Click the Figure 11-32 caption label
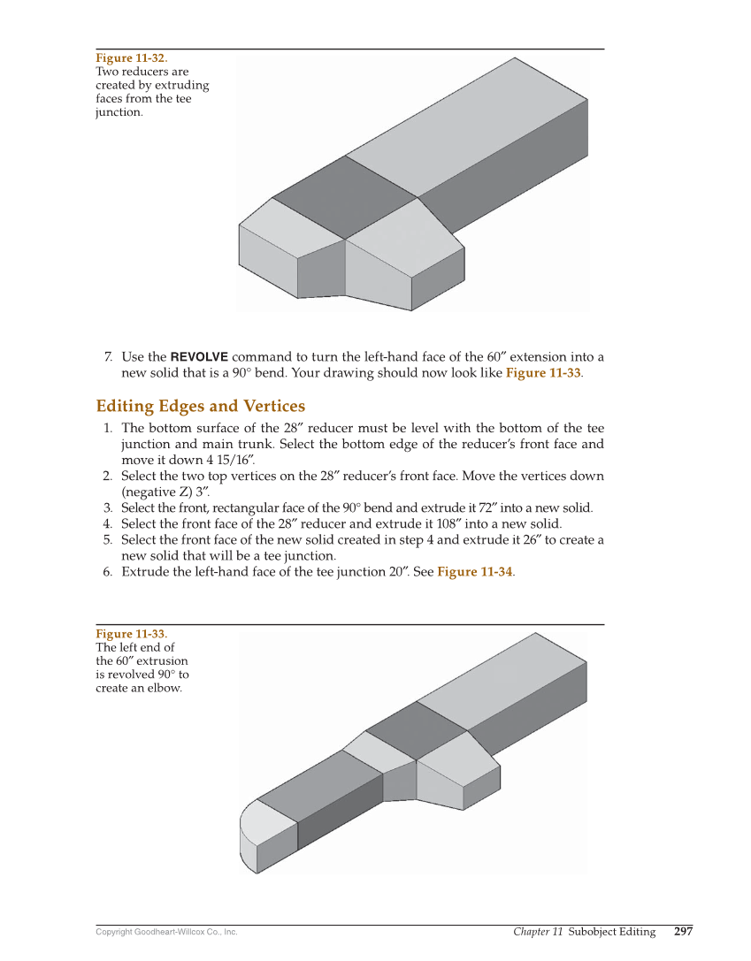131,58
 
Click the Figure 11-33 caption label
130,634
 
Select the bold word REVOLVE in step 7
198,357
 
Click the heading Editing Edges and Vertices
200,407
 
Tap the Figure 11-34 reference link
474,572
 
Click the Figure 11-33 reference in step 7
542,373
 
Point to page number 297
683,932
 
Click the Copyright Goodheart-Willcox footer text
166,932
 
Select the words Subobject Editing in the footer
612,932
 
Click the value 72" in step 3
483,508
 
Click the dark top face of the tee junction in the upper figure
345,197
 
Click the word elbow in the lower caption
165,689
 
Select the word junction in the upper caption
118,113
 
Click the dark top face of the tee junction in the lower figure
416,730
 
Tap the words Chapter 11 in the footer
538,932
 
